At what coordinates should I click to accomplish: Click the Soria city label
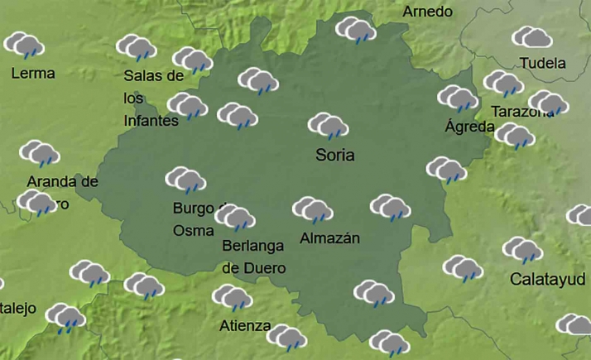click(335, 155)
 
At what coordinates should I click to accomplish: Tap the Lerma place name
click(33, 73)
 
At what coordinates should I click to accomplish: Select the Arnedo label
click(427, 12)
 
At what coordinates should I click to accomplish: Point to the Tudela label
click(543, 63)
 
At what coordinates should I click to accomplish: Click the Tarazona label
click(521, 111)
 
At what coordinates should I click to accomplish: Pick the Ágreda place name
click(469, 127)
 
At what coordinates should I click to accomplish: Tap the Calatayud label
click(547, 278)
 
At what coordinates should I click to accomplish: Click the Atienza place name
click(245, 325)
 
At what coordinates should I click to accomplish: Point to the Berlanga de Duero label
click(253, 257)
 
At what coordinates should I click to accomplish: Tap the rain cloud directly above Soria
click(329, 127)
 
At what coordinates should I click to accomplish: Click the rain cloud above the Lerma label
click(25, 46)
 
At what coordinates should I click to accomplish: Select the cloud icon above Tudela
click(532, 37)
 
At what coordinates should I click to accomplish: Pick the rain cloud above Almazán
click(313, 209)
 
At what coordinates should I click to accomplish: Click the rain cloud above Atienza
click(232, 298)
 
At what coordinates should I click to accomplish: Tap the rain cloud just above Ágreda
click(458, 98)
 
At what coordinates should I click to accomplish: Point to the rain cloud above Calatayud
click(521, 250)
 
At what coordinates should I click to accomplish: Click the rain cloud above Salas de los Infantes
click(137, 48)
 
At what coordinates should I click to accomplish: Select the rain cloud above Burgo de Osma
click(185, 180)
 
